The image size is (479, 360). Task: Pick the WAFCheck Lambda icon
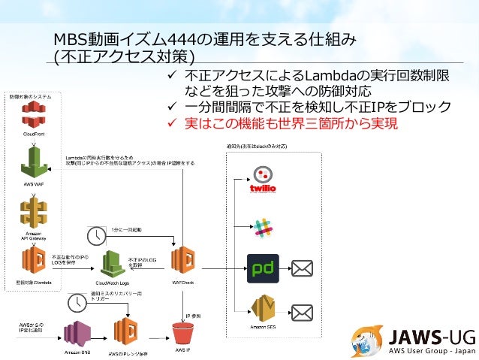pyautogui.click(x=184, y=262)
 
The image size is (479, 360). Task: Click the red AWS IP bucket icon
pyautogui.click(x=184, y=334)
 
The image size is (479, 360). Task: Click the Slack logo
pyautogui.click(x=262, y=227)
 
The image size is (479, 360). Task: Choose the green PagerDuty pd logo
pyautogui.click(x=263, y=268)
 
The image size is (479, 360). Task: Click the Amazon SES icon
pyautogui.click(x=264, y=310)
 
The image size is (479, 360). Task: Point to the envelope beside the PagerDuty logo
pyautogui.click(x=302, y=268)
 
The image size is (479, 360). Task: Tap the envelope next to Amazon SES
pyautogui.click(x=302, y=311)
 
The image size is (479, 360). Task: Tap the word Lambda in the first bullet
pyautogui.click(x=325, y=76)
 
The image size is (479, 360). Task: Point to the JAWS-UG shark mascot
pyautogui.click(x=368, y=340)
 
